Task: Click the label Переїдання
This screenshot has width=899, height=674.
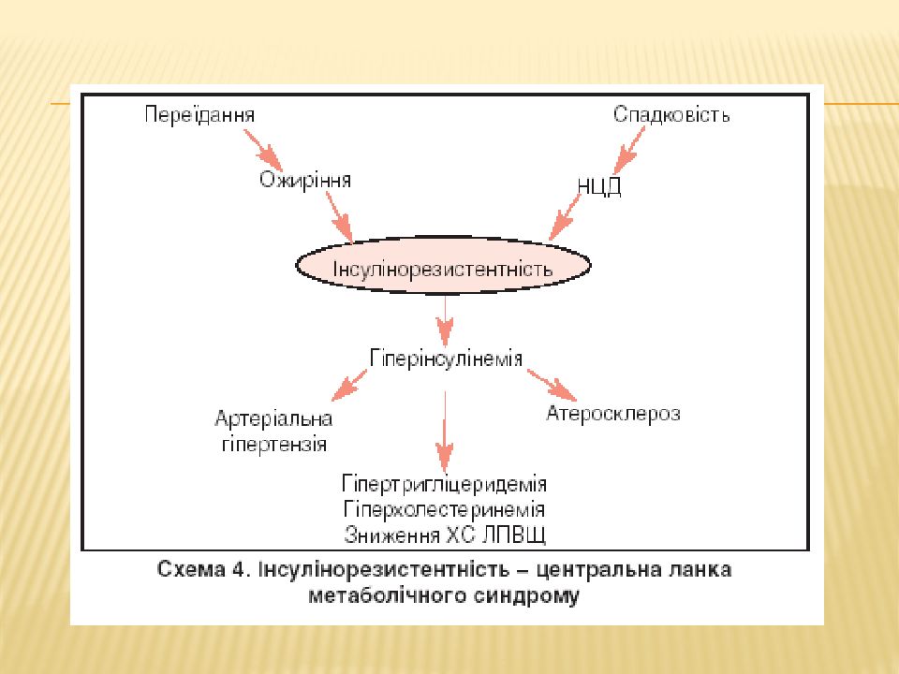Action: coord(199,115)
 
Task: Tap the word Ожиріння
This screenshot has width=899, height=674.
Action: coord(305,180)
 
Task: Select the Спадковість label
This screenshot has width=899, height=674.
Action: coord(671,114)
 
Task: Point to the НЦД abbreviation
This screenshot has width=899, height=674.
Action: coord(599,187)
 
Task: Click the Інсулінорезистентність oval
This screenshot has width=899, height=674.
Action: coord(443,266)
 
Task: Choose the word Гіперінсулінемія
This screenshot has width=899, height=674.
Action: coord(446,359)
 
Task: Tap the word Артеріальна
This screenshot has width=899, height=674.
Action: coord(273,419)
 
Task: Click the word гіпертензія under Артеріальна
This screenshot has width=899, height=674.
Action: coord(274,445)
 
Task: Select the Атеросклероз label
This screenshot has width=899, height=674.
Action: coord(613,413)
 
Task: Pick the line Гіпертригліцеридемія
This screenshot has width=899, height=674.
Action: coord(444,484)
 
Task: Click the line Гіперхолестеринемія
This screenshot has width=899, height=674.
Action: coord(444,509)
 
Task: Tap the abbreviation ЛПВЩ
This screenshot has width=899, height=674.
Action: coord(513,535)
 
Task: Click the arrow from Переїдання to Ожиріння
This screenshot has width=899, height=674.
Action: coord(262,150)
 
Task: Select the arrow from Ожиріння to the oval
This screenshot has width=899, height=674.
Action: coord(339,217)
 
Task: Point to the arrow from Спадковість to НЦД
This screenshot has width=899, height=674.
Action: coord(629,150)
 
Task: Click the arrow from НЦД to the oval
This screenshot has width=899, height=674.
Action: coord(565,217)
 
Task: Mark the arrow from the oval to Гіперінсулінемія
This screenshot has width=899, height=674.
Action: coord(445,321)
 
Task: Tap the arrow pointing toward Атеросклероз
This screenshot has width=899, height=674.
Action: coord(552,385)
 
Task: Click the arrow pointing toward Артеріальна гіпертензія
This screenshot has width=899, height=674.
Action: coord(349,385)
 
